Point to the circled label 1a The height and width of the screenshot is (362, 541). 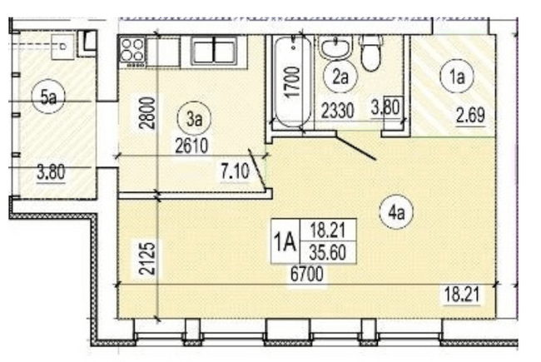coord(457,77)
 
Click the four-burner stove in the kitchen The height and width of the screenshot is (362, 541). coord(132,50)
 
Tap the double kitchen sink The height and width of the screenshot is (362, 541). coord(213,51)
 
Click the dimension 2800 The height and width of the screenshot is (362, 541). coord(146,113)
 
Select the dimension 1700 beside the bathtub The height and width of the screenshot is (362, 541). coord(291,83)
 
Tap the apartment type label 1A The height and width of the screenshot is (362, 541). coord(285,243)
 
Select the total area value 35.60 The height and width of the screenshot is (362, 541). coord(325,253)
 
